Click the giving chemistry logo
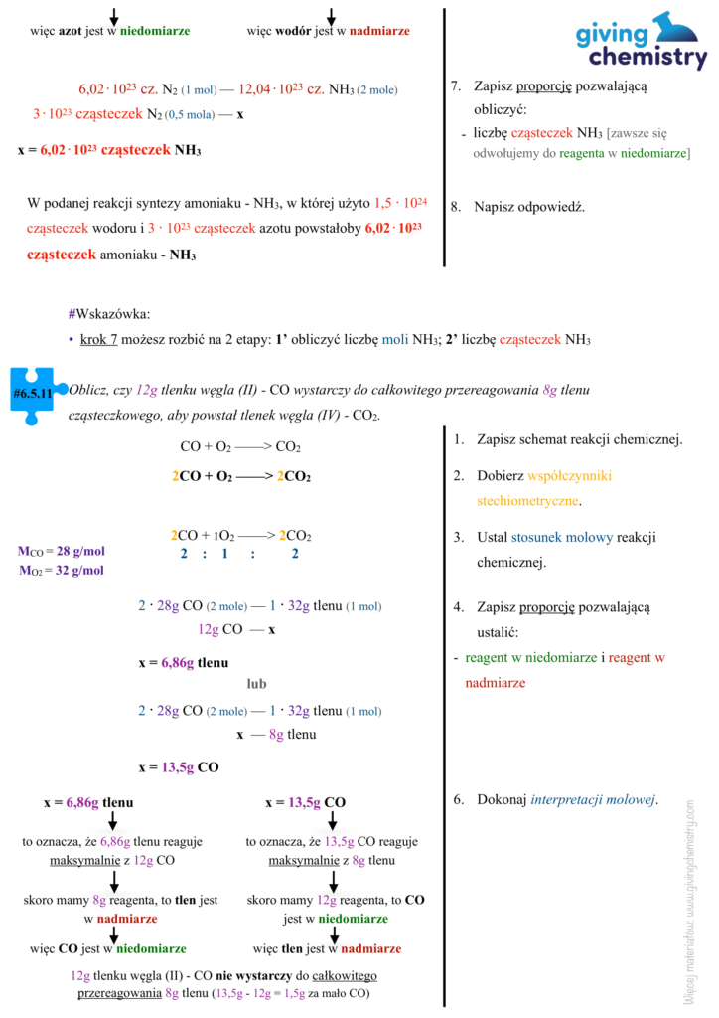(642, 41)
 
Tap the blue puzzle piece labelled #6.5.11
(33, 395)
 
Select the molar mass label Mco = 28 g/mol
(62, 552)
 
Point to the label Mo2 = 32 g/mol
(62, 571)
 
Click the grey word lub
(256, 684)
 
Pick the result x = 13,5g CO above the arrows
(305, 802)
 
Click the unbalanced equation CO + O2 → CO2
(240, 446)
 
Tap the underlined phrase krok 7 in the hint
(99, 340)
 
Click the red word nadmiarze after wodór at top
(379, 31)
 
